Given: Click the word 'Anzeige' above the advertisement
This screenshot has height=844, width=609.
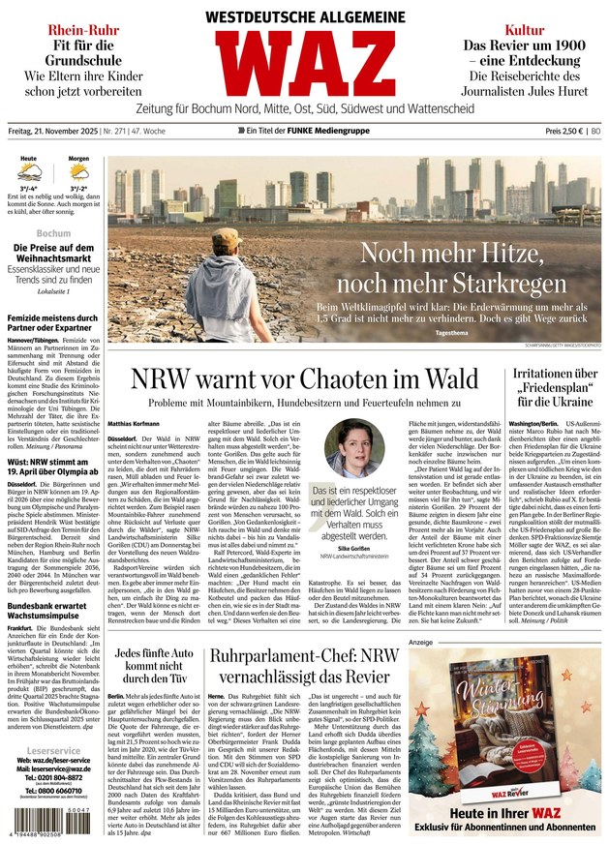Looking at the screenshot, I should (421, 642).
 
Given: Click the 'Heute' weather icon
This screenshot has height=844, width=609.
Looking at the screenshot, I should (30, 173).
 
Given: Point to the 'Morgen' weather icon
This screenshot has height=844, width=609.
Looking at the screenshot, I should (79, 173).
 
